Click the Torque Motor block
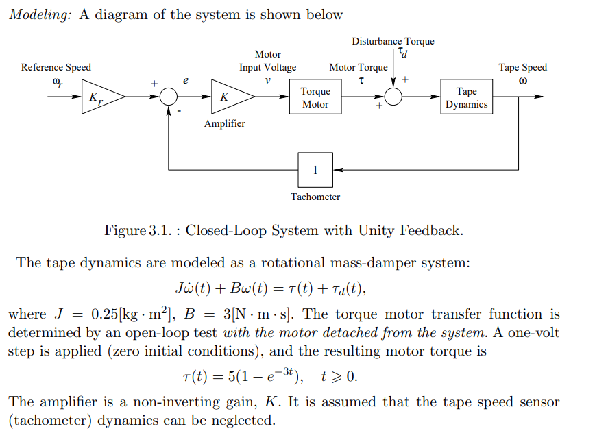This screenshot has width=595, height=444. (315, 98)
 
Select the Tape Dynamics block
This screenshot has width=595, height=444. (466, 98)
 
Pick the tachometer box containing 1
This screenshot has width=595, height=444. (315, 170)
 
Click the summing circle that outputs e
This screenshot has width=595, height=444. (169, 98)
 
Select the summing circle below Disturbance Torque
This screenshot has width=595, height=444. (393, 98)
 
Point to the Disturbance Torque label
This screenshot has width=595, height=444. (393, 41)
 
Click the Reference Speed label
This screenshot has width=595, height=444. (56, 67)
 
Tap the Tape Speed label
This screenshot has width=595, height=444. (522, 67)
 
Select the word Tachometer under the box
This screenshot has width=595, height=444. (315, 197)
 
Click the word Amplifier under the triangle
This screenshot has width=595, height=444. (224, 124)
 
